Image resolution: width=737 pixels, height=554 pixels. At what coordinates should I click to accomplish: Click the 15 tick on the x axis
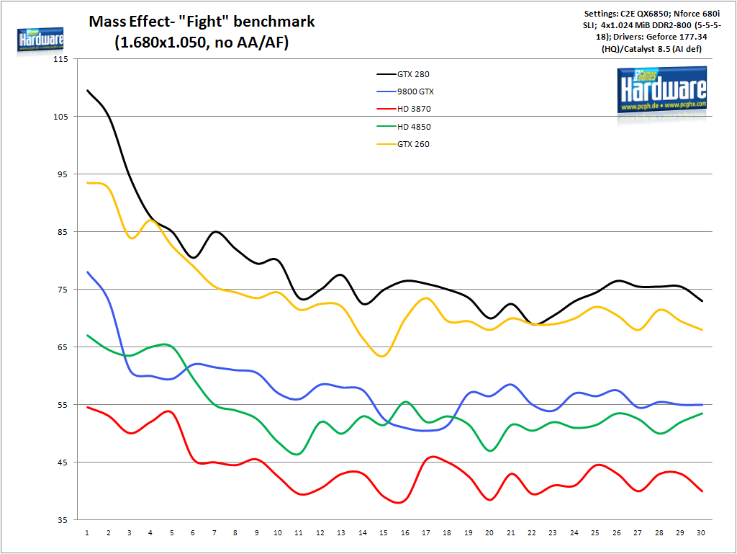coord(383,533)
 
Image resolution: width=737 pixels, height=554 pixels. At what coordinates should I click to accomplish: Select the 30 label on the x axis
coord(701,533)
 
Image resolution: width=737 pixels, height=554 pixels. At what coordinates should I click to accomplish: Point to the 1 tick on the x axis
coord(86,533)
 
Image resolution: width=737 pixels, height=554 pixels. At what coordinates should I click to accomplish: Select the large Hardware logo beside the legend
coord(662,89)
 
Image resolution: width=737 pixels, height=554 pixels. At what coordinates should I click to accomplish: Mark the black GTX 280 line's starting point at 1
coord(86,91)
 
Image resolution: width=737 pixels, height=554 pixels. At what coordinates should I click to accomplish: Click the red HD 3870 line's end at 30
coord(702,491)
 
